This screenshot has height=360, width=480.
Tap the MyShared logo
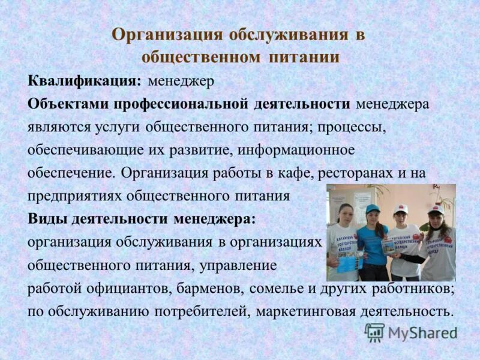412,332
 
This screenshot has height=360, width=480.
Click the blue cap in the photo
373,209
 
